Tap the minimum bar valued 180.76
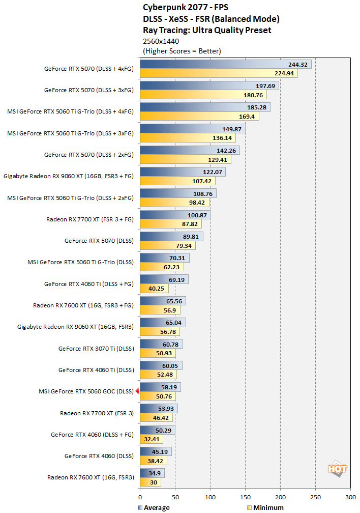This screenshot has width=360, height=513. [203, 95]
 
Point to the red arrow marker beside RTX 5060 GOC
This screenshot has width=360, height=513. [137, 391]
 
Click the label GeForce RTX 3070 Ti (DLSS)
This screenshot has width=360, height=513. [96, 349]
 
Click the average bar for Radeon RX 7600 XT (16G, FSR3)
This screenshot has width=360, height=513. [152, 473]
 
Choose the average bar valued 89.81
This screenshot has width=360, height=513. [171, 236]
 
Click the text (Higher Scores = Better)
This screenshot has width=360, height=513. [182, 51]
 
